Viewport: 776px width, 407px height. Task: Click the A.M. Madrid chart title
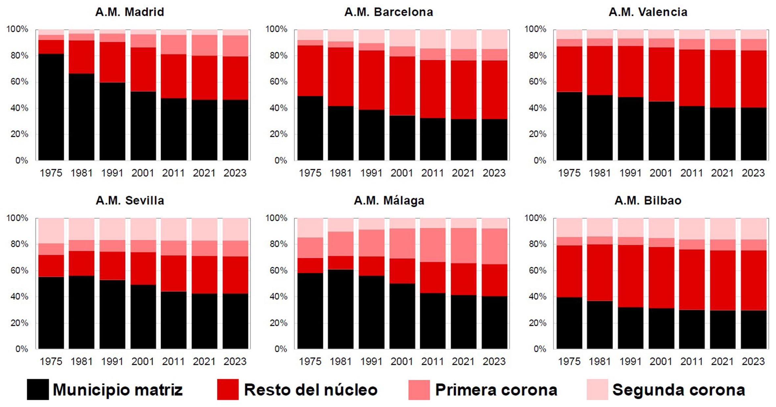[x=129, y=12]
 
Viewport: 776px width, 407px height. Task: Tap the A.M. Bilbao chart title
[x=648, y=200]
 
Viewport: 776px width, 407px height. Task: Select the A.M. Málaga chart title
[x=389, y=200]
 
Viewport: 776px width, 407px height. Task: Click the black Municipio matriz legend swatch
[x=38, y=390]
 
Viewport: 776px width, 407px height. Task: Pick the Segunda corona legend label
[x=678, y=390]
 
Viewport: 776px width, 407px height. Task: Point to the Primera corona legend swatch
[x=419, y=390]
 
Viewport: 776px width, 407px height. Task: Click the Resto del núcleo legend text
[x=310, y=390]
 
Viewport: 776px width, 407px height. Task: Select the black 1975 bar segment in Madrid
[x=51, y=107]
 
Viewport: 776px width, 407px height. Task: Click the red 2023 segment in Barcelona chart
[x=494, y=89]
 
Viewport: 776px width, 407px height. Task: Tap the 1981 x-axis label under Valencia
[x=600, y=173]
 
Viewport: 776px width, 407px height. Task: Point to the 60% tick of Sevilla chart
[x=19, y=270]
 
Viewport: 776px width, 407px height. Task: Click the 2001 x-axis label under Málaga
[x=402, y=361]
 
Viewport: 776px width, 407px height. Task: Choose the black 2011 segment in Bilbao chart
[x=692, y=329]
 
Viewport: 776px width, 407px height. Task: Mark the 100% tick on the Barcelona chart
[x=276, y=29]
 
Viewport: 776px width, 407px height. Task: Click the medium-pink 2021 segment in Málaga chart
[x=464, y=245]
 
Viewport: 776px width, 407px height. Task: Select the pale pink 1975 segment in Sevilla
[x=51, y=231]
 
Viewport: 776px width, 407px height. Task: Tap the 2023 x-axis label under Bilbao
[x=753, y=361]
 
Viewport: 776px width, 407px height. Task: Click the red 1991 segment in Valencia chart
[x=630, y=71]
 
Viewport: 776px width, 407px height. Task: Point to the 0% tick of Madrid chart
[x=22, y=161]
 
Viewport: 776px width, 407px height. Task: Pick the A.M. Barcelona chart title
[x=389, y=12]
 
